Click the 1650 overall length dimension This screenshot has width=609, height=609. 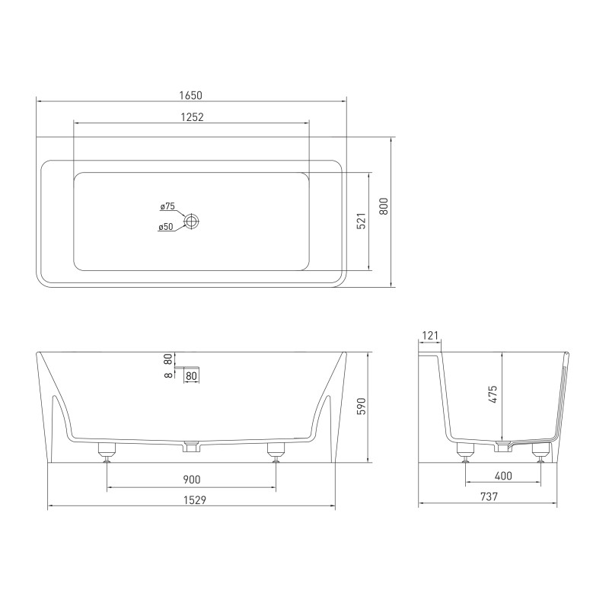[191, 95]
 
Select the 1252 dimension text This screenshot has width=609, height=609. [191, 117]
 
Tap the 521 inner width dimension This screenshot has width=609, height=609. [362, 221]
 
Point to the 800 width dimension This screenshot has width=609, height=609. [384, 206]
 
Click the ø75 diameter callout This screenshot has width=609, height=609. [167, 206]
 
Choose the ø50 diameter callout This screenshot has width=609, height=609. [166, 227]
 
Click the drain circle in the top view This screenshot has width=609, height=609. [192, 221]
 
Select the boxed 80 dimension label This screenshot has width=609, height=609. [191, 375]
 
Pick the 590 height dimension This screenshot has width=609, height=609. [362, 407]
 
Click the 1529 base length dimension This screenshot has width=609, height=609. [191, 499]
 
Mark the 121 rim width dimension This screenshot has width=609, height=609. [430, 335]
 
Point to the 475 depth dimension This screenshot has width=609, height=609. [493, 394]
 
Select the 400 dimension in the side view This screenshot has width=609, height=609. [502, 477]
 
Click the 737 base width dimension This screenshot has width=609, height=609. [489, 497]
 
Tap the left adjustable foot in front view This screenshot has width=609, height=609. [107, 452]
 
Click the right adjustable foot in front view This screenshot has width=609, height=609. [276, 452]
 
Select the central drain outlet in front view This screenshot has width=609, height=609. [191, 447]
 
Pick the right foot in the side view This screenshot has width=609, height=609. [540, 453]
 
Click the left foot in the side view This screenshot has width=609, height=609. [464, 453]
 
